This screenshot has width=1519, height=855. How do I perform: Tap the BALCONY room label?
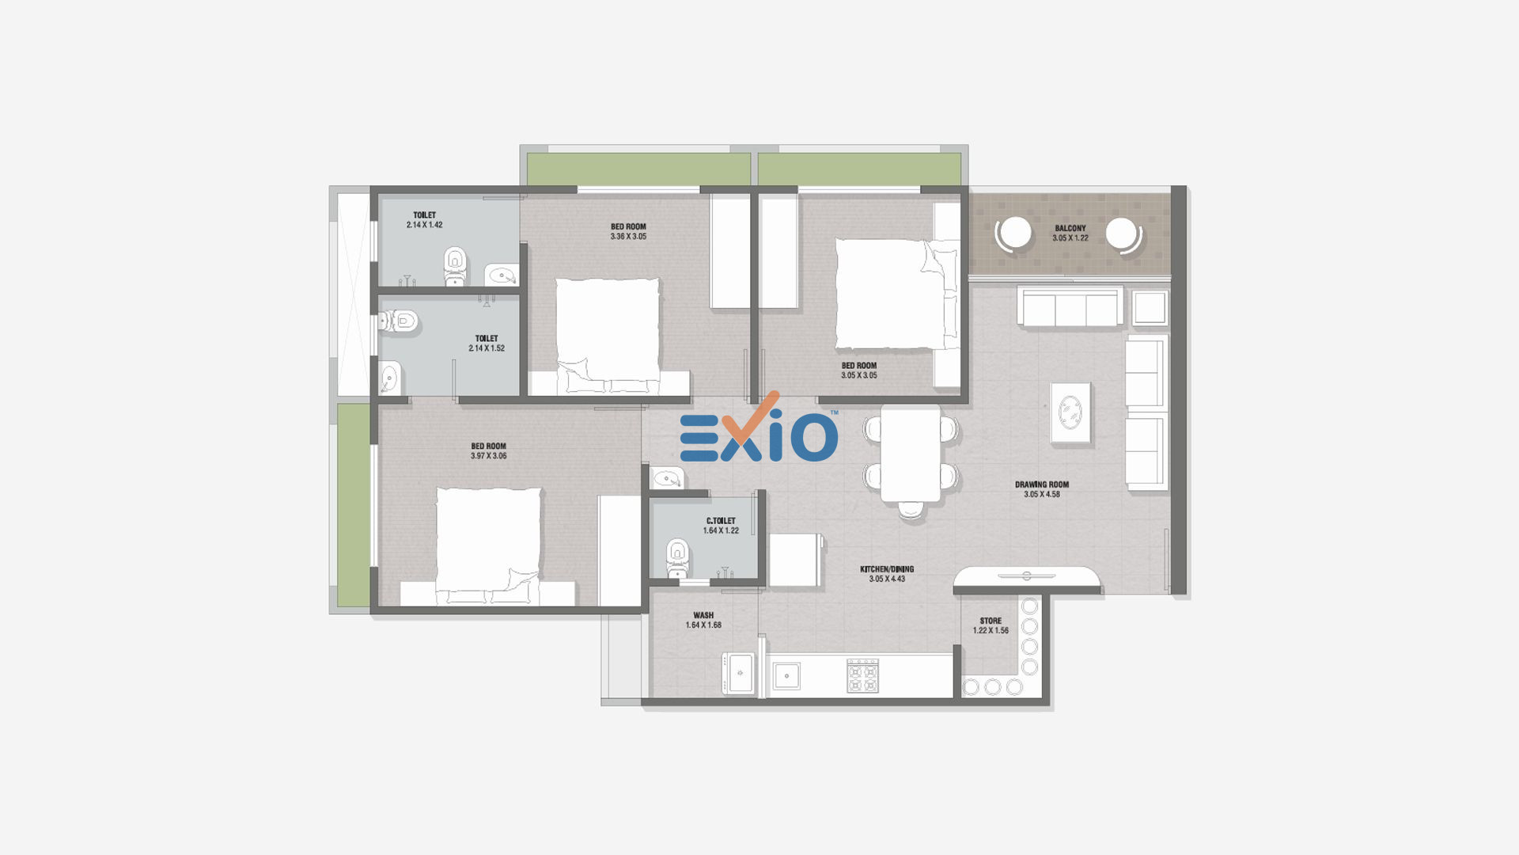point(1070,228)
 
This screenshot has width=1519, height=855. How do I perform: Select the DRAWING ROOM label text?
point(1042,484)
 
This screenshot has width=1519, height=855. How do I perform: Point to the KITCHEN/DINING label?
point(887,569)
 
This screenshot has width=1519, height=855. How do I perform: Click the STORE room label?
point(991,621)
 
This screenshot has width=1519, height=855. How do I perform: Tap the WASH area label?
point(703,615)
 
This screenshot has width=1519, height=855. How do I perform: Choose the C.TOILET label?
point(721,521)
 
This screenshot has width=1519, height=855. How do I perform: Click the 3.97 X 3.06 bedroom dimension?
point(489,456)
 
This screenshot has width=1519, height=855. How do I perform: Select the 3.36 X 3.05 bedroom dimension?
point(628,237)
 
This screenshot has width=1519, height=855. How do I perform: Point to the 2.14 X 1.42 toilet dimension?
point(425,225)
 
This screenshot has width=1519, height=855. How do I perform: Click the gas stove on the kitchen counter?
point(862,675)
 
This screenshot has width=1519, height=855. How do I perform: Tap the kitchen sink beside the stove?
point(786,675)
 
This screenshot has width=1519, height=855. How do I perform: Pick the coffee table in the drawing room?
point(1070,412)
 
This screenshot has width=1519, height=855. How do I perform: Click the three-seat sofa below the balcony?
point(1070,306)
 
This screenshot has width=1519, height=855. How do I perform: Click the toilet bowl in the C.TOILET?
point(678,557)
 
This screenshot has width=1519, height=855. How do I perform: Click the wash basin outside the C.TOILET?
point(667,478)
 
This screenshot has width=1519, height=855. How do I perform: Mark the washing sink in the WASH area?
point(740,673)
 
